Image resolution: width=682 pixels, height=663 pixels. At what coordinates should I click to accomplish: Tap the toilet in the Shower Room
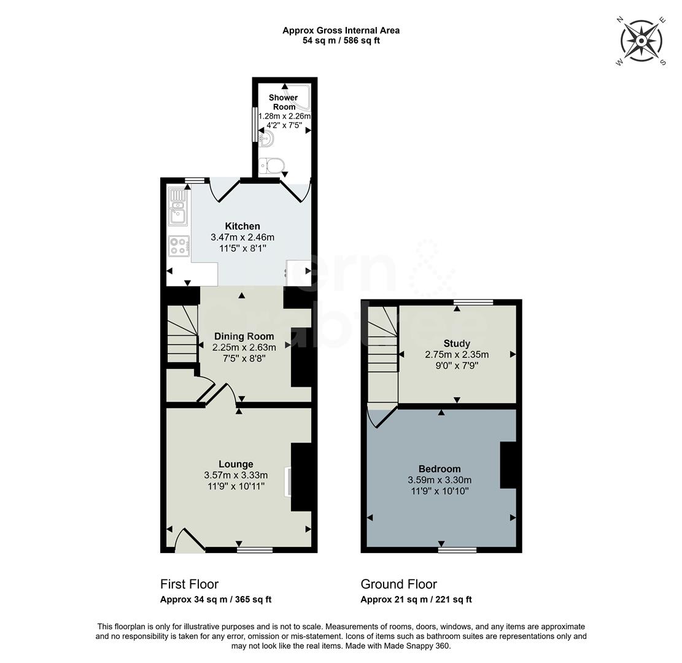[272, 165]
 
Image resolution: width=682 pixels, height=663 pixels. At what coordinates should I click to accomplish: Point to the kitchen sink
[178, 207]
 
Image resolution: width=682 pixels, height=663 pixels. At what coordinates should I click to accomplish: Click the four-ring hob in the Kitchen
[179, 247]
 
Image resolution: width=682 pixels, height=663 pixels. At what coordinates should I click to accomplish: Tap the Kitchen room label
[242, 227]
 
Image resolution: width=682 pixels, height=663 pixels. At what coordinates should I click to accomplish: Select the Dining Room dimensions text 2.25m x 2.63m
[244, 347]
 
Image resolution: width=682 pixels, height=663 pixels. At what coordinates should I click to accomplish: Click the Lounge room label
[236, 464]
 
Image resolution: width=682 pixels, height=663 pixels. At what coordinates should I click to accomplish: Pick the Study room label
[456, 344]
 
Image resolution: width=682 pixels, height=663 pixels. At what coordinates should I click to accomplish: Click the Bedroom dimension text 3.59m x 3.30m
[440, 480]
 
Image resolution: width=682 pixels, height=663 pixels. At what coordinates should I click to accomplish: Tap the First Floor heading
[189, 584]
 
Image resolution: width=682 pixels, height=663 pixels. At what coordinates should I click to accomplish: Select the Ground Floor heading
[398, 584]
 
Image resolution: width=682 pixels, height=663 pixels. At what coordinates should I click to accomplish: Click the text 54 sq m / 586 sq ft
[341, 41]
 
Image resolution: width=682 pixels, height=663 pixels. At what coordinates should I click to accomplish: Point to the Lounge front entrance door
[189, 541]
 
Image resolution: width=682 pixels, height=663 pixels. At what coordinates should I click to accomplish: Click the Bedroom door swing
[379, 417]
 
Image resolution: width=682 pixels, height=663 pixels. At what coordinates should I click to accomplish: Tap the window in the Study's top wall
[473, 301]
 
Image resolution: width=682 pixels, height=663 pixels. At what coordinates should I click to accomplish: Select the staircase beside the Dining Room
[182, 335]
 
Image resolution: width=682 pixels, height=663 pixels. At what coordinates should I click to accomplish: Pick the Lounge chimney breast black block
[301, 477]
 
